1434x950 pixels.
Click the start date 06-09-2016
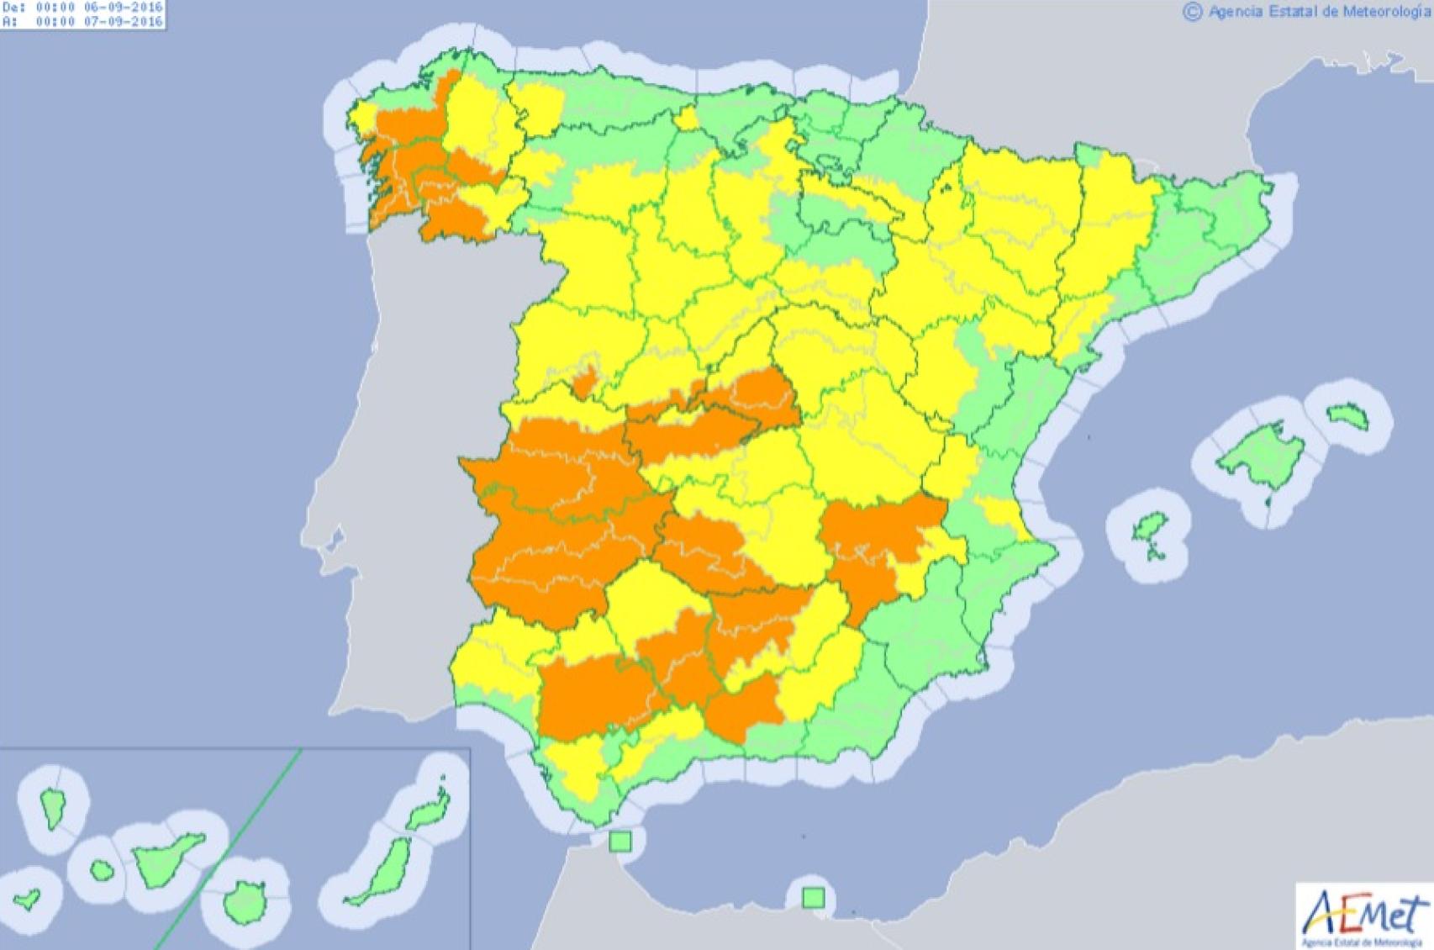pos(123,7)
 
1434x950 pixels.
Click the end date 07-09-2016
pos(123,21)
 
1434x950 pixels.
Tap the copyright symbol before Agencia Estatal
pos(1192,12)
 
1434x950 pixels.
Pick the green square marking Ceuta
pos(620,842)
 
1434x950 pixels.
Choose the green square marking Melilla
pos(813,898)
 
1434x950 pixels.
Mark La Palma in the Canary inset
pos(54,807)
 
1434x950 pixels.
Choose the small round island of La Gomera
pos(102,871)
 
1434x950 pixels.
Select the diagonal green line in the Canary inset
pos(227,849)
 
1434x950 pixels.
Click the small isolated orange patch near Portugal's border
pos(585,383)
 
